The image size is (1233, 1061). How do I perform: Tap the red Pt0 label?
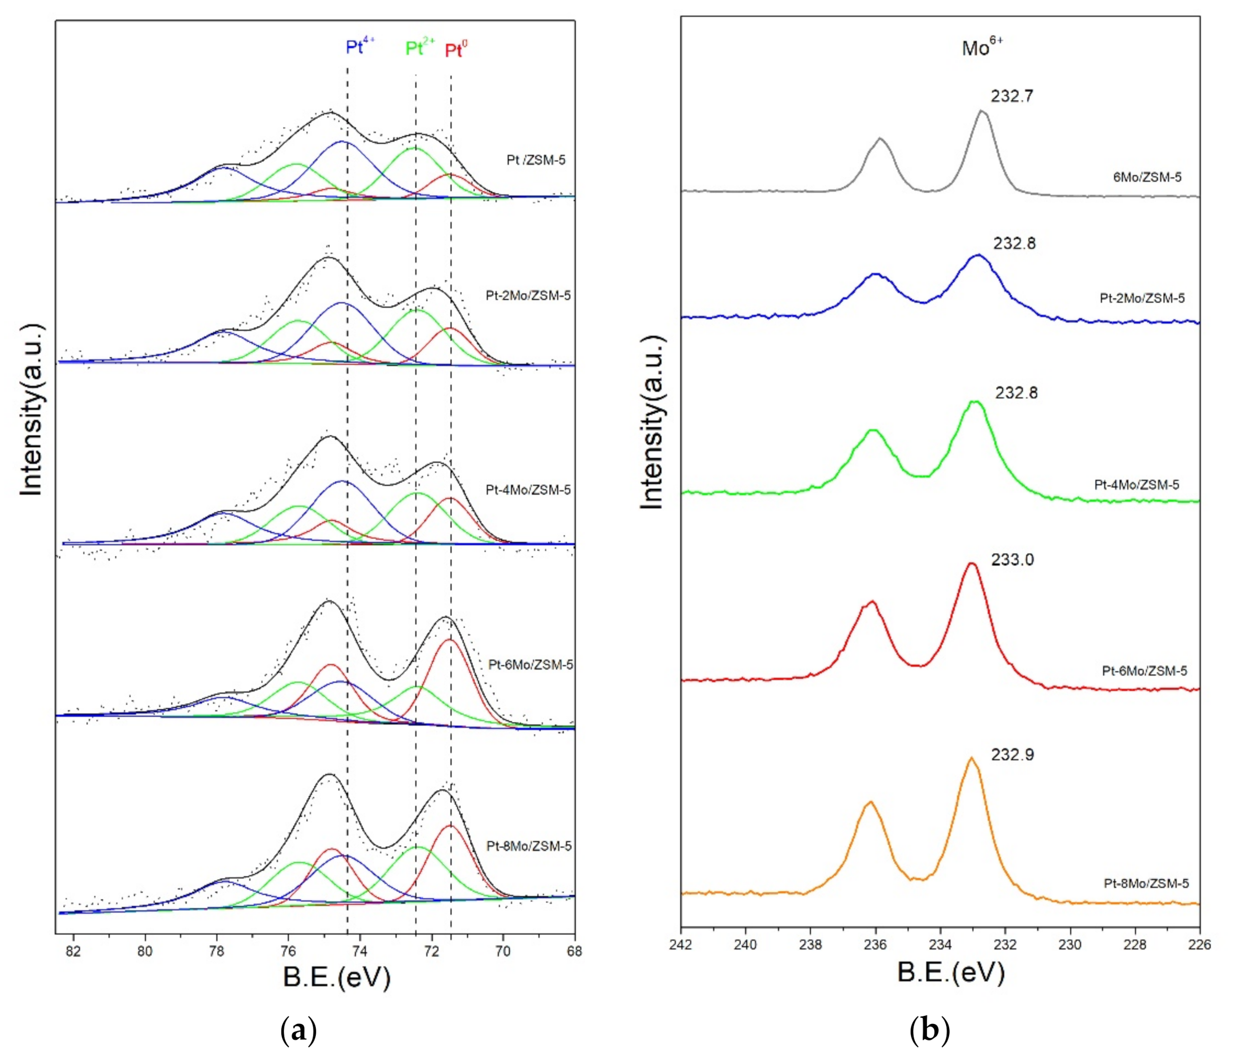pos(457,50)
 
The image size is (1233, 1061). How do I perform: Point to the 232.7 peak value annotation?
pos(1012,96)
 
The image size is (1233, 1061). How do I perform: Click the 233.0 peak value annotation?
pos(1012,559)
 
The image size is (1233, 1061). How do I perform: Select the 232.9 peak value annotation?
pos(1012,755)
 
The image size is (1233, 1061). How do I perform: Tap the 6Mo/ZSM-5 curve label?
pos(1147,177)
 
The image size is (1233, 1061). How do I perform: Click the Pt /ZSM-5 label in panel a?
pos(536,159)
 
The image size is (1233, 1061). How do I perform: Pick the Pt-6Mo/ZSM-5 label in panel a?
pos(530,664)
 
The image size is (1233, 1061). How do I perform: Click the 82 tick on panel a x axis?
pos(73,951)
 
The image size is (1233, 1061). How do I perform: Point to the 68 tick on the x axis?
pos(574,951)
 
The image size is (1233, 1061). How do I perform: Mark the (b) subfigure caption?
pos(930,1031)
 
